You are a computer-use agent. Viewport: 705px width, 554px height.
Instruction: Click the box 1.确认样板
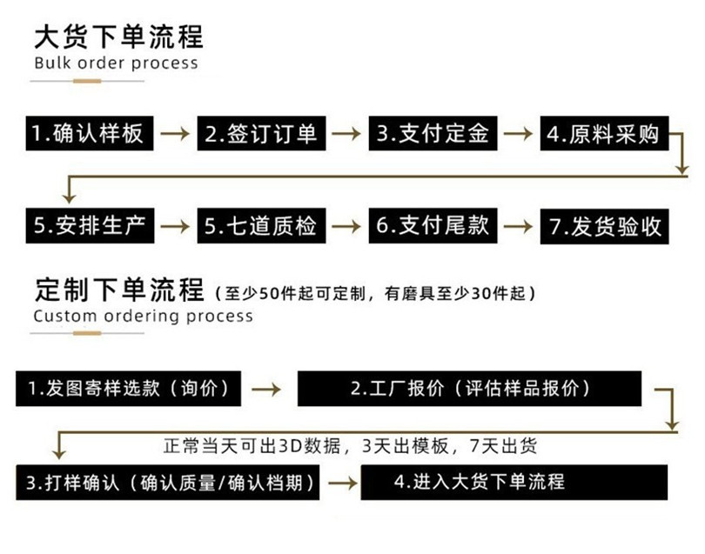pyautogui.click(x=87, y=135)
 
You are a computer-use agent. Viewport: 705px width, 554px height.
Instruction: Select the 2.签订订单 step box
pyautogui.click(x=261, y=135)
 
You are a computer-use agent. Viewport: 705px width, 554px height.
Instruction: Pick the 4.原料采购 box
pyautogui.click(x=602, y=135)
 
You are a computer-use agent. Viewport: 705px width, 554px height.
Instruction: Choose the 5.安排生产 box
pyautogui.click(x=87, y=226)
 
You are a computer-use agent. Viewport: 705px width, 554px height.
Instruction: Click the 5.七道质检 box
pyautogui.click(x=261, y=226)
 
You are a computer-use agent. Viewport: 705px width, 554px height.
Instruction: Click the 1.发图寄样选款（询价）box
pyautogui.click(x=129, y=389)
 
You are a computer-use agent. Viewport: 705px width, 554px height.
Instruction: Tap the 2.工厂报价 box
pyautogui.click(x=469, y=389)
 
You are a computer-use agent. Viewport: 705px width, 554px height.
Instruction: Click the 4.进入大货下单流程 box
pyautogui.click(x=514, y=481)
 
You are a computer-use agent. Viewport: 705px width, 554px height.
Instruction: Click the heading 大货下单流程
pyautogui.click(x=117, y=37)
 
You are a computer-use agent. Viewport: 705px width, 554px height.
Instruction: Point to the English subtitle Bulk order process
pyautogui.click(x=116, y=63)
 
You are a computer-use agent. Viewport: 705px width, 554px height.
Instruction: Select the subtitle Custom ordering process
pyautogui.click(x=143, y=316)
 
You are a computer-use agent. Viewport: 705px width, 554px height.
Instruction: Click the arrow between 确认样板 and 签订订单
pyautogui.click(x=175, y=135)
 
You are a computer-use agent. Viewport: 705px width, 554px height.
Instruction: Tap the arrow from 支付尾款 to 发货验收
pyautogui.click(x=519, y=226)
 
